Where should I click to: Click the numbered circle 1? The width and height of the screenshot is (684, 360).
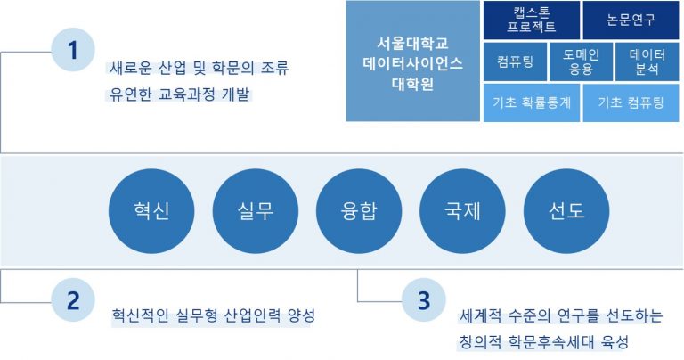point(73,50)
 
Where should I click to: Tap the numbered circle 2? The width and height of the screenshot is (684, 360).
point(73,300)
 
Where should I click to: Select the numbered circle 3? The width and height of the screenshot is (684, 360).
point(424,300)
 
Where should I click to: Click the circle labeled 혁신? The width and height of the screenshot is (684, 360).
point(151,211)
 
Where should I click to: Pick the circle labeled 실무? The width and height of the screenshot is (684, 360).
point(256,211)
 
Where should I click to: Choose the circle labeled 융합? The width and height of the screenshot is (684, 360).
point(359,211)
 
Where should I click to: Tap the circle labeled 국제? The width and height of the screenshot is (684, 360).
point(462,211)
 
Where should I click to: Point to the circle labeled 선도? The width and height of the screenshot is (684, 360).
point(566,211)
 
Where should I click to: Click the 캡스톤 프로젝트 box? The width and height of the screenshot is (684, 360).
point(532,20)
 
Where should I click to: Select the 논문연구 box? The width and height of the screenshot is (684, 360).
point(631,20)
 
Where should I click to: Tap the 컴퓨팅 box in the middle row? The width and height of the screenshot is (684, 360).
point(515,61)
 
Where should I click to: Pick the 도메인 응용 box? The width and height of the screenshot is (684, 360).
point(581,61)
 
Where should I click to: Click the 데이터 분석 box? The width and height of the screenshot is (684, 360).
point(647,61)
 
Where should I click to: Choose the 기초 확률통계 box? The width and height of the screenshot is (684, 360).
point(532,103)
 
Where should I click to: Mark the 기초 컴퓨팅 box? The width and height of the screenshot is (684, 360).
point(631,103)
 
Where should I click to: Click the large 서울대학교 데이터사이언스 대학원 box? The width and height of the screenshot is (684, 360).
point(412,61)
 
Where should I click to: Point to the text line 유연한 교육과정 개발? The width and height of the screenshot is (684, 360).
point(179,94)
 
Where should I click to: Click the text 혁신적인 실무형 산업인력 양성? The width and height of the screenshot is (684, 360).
point(214,315)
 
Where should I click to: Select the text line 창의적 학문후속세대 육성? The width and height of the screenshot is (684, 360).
point(544,341)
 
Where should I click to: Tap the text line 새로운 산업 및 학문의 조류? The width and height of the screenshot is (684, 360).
point(199,69)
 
